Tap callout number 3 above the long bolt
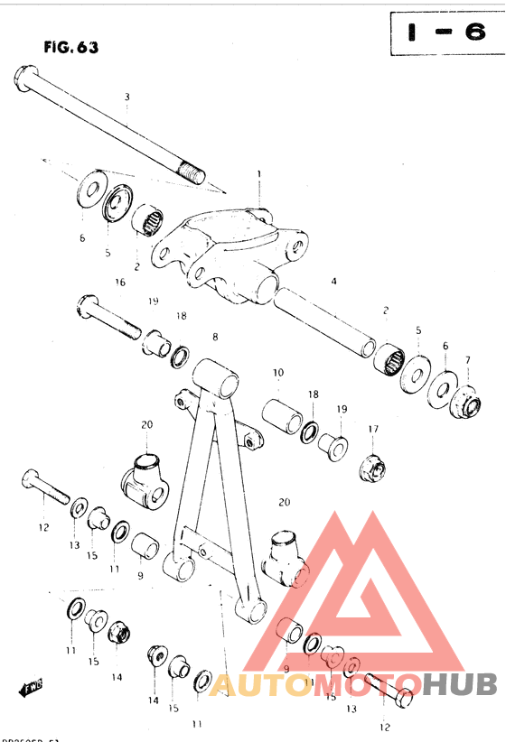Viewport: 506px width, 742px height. click(x=127, y=97)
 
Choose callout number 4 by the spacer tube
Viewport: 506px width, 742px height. click(x=333, y=282)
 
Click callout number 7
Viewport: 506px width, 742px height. click(x=467, y=360)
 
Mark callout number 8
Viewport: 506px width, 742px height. click(x=215, y=337)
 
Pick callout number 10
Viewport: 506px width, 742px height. click(x=278, y=373)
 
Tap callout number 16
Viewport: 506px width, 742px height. click(x=120, y=282)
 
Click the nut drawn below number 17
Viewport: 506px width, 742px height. click(x=372, y=468)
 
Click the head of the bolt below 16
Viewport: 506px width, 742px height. click(x=88, y=301)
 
